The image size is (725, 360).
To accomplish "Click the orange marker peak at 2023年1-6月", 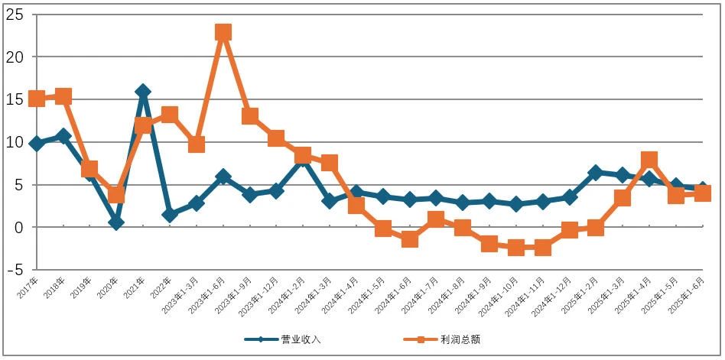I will point(223,32).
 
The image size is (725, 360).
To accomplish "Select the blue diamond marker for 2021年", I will point(143,92).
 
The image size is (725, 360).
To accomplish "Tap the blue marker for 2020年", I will point(116,222).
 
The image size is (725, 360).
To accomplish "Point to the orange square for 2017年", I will point(36,99).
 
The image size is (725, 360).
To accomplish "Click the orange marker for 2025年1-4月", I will point(649,160).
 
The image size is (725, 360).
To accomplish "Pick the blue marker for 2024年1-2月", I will point(303,158).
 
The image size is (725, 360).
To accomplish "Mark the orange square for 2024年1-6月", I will point(409,239).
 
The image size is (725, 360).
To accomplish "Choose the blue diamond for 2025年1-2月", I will point(596,173).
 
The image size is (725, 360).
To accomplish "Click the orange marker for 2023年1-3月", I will point(197,144).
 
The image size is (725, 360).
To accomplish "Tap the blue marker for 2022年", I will point(170,215).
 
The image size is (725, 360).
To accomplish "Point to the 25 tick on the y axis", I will point(15,14).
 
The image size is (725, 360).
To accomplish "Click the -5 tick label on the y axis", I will point(15,270).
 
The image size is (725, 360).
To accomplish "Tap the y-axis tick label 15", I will point(15,99).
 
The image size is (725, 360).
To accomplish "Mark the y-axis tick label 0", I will point(19,227).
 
